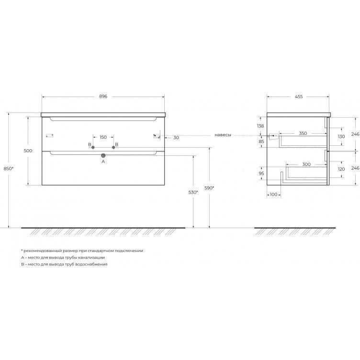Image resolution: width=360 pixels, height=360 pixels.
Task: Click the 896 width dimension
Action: click(103, 97)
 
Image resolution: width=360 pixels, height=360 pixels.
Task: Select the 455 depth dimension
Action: click(299, 97)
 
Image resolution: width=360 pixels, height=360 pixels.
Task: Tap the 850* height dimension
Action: click(9, 168)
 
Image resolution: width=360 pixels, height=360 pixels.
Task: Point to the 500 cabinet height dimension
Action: click(28, 151)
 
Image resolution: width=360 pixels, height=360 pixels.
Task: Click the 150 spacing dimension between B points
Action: click(103, 137)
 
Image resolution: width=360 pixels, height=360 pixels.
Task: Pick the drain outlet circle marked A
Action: click(103, 155)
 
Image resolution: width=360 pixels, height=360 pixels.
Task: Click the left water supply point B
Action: click(93, 147)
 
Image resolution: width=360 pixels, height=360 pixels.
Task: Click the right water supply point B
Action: click(113, 147)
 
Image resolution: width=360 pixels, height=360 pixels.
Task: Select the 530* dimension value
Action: click(193, 192)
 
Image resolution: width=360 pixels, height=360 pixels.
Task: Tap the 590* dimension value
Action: click(209, 188)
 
